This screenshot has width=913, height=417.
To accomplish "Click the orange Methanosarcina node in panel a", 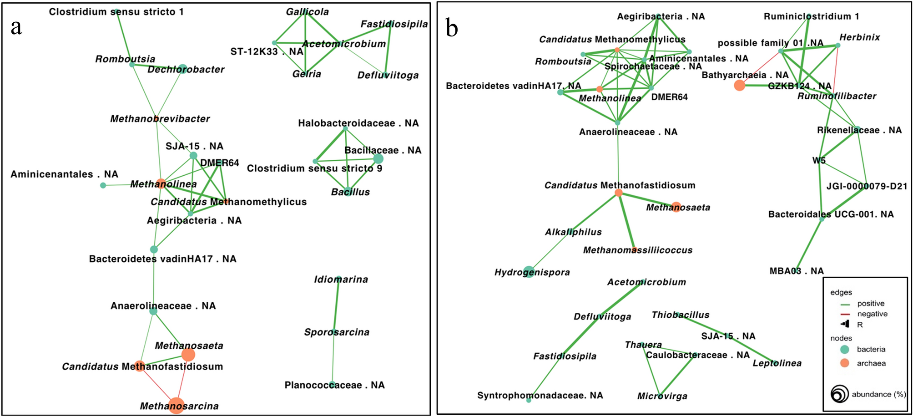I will (x=176, y=405).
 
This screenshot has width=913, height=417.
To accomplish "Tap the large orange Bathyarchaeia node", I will (x=739, y=85).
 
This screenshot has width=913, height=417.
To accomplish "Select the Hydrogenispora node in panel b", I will (x=528, y=272).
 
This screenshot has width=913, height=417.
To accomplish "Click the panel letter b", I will (x=451, y=28).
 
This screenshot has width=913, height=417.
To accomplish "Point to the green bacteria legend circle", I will (x=844, y=350).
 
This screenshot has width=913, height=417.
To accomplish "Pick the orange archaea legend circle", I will (x=844, y=363).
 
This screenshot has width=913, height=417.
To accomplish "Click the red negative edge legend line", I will (x=845, y=314).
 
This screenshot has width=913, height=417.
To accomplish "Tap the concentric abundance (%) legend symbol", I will (x=839, y=394).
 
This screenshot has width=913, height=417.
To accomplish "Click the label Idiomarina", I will (x=341, y=280).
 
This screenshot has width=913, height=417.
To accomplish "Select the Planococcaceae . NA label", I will (x=334, y=385).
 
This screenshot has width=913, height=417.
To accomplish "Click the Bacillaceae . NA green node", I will (x=378, y=158).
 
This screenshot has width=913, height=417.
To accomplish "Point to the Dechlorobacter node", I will (x=182, y=69).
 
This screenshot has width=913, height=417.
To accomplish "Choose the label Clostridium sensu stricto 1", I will (x=116, y=12).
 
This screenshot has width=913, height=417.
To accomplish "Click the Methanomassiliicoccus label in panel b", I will (x=637, y=250).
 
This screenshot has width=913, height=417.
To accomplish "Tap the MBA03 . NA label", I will (x=796, y=271).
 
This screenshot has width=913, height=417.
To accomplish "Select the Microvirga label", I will (x=662, y=396).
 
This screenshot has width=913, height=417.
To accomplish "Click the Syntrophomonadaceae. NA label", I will (x=540, y=395).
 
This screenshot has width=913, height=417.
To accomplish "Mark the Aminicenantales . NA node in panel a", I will (x=103, y=185).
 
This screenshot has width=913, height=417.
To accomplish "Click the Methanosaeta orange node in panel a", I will (x=188, y=355).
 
